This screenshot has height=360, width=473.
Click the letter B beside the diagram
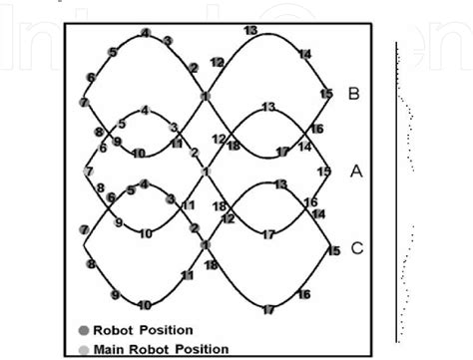point(354,94)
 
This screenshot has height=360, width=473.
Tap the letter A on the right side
point(355,172)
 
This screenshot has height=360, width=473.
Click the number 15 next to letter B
point(326,94)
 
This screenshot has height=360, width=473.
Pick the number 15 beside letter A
point(323,172)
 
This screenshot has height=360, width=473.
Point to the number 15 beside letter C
point(333,251)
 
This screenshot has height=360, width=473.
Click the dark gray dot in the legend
point(84,329)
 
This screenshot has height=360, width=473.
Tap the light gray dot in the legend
point(84,349)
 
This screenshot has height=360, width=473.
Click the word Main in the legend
point(111,349)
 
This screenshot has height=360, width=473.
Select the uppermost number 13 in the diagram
point(250,31)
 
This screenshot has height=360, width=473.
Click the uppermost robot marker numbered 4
point(146,33)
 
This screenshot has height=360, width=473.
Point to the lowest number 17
point(268,310)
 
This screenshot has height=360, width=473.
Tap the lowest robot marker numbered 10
point(145,305)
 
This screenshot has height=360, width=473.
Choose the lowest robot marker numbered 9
point(116,295)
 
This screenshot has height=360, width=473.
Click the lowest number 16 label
point(303,294)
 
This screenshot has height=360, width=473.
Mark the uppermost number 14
point(304,53)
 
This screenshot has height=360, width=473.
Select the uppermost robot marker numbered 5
point(113,52)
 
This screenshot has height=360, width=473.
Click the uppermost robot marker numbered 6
point(91,77)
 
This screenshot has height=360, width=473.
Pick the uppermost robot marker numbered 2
point(192,68)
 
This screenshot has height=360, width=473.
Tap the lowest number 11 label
point(187,274)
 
